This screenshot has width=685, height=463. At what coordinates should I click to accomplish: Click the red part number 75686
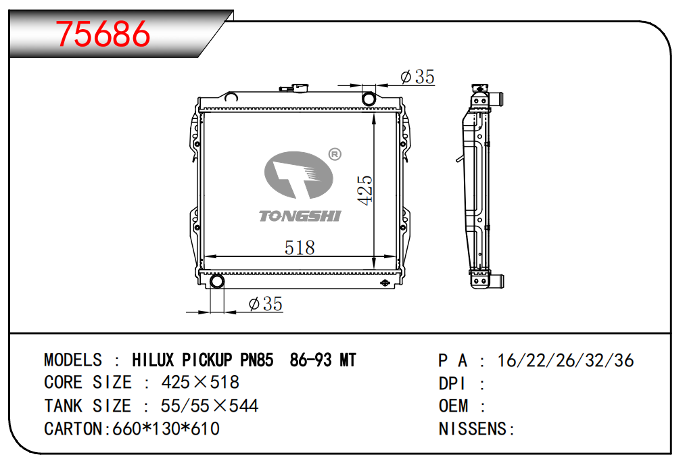(103, 34)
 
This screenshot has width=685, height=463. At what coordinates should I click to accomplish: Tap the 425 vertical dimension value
(365, 190)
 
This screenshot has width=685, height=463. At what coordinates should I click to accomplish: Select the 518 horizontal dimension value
(300, 247)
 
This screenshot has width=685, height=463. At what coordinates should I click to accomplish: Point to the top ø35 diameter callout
(418, 76)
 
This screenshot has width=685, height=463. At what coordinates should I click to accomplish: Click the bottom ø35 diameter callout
(266, 303)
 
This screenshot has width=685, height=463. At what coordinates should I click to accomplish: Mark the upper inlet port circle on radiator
(369, 99)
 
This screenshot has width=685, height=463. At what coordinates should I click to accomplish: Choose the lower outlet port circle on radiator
(217, 281)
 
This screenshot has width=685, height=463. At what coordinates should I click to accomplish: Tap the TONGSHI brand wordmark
(300, 216)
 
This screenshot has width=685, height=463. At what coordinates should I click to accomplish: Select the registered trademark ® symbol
(335, 154)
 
